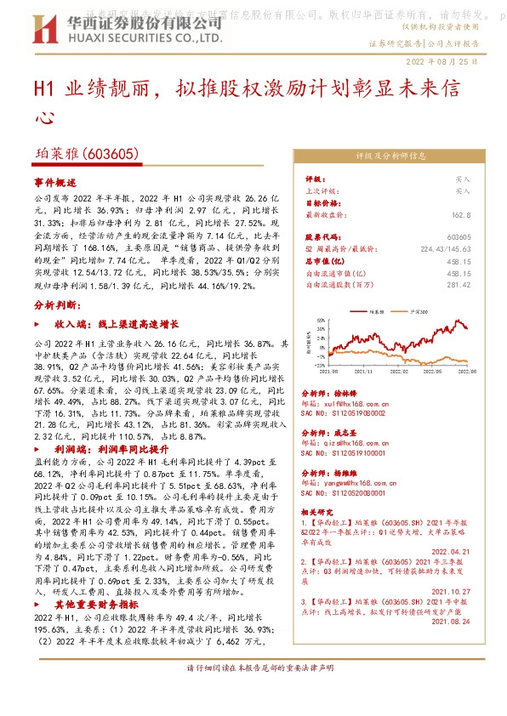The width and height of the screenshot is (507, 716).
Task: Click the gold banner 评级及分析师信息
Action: click(390, 156)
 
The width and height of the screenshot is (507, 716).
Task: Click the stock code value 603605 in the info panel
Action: click(458, 236)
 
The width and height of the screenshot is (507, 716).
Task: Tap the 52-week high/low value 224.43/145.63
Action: click(443, 249)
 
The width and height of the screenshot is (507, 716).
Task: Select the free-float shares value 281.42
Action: click(459, 286)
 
